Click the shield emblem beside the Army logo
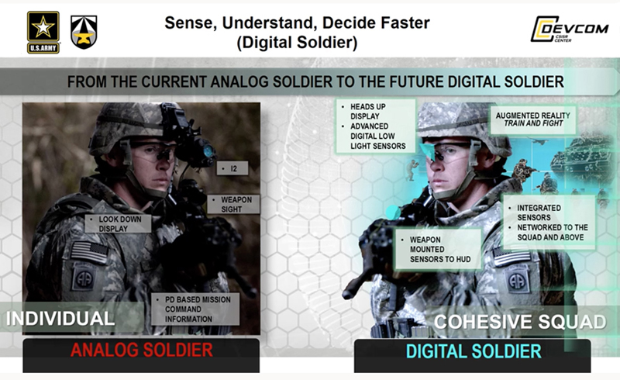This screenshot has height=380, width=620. [84, 31]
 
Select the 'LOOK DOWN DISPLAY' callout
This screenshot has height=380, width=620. [116, 224]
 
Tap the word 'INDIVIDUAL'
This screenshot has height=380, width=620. [61, 317]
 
